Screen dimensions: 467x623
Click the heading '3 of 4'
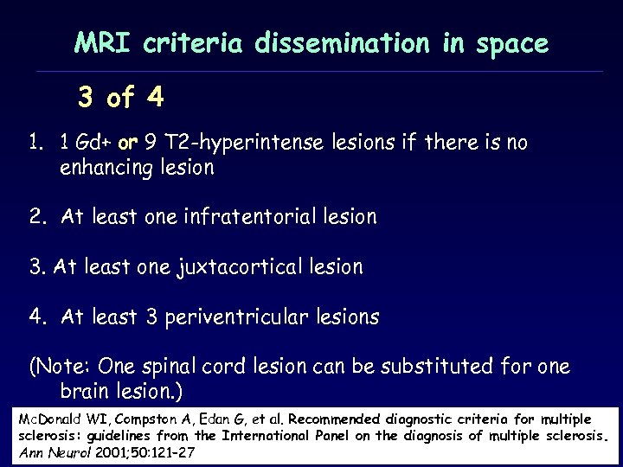point(120,99)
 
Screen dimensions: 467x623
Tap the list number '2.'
point(37,217)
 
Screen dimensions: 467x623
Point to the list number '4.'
point(37,317)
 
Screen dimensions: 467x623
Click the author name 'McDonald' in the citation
point(48,419)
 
